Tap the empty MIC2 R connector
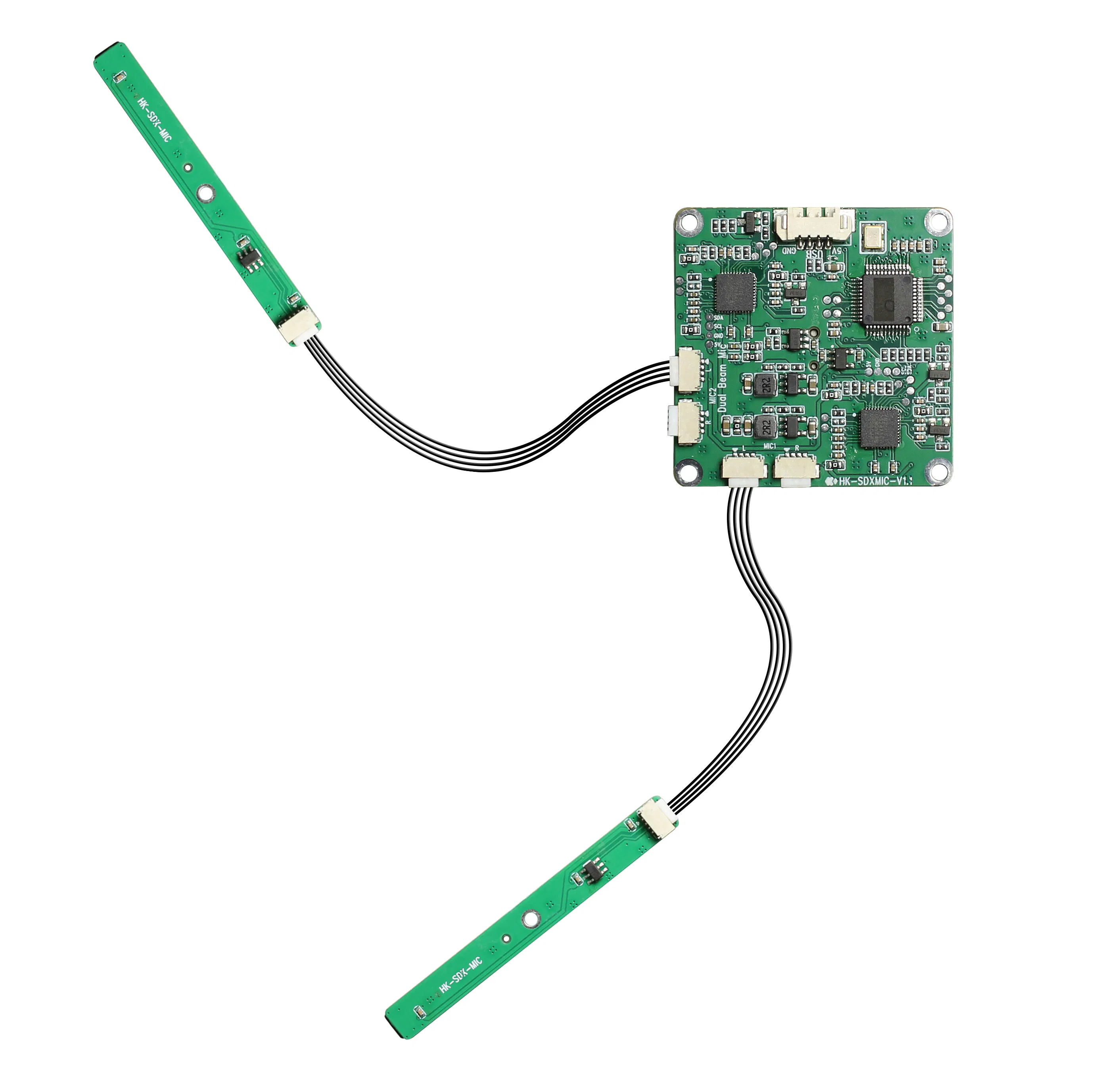click(x=687, y=421)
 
